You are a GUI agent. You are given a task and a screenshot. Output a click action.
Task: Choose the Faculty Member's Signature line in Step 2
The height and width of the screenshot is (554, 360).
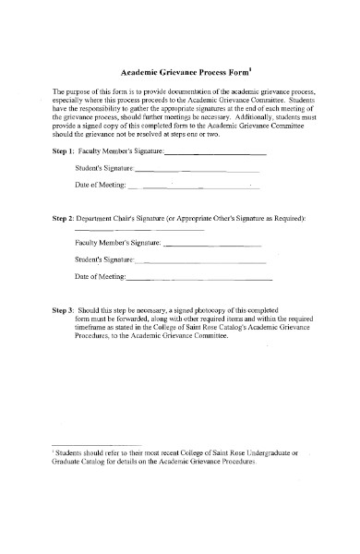click(x=212, y=245)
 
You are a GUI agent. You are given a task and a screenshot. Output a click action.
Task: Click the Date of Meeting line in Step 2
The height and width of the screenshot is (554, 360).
click(x=198, y=279)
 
